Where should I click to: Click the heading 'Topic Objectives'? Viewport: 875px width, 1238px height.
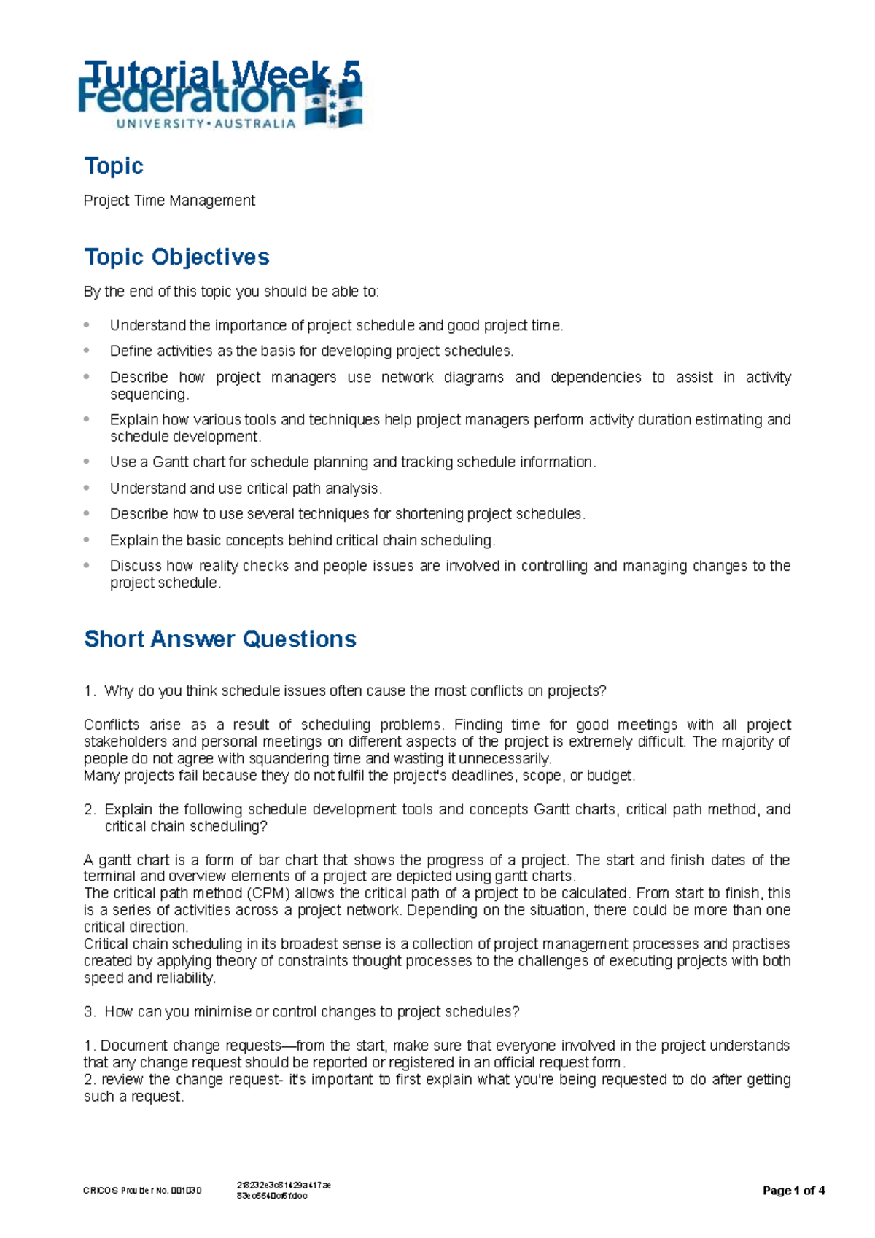point(176,257)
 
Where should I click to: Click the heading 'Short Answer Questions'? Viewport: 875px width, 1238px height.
point(219,639)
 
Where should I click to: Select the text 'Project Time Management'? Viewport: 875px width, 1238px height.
point(169,201)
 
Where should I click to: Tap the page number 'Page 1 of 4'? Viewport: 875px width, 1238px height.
point(793,1191)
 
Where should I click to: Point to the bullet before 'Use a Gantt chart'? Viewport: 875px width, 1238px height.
point(87,461)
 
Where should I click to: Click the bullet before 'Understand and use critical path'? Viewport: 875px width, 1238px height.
point(87,487)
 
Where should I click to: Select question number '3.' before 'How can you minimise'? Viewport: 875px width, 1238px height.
point(90,1012)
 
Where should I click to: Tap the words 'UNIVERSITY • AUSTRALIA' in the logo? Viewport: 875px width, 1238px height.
point(206,124)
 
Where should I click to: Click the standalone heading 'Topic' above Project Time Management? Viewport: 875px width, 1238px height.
point(113,166)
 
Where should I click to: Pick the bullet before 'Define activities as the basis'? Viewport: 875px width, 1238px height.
point(87,350)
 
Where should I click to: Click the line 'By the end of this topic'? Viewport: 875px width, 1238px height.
point(231,292)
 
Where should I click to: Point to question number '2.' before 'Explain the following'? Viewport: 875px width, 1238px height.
point(90,809)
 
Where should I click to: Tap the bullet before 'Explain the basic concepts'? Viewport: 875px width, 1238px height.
point(87,539)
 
